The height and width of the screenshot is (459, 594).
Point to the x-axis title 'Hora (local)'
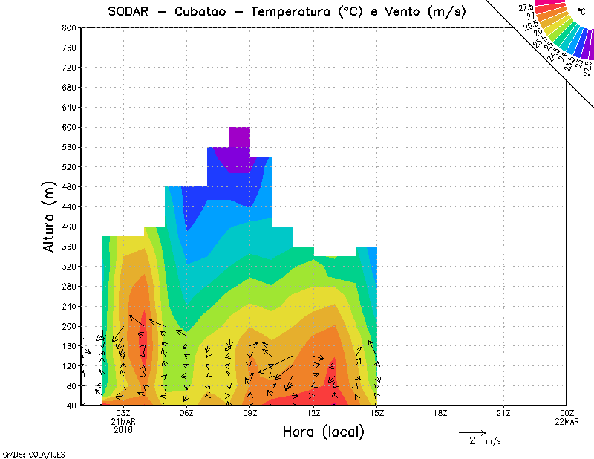(324, 432)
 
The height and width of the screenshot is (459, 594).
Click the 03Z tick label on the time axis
(123, 413)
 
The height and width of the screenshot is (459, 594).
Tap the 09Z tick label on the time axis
(250, 413)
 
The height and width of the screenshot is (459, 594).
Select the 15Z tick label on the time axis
(376, 413)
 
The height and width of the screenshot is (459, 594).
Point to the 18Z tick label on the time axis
(440, 413)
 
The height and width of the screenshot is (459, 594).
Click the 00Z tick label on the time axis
(567, 413)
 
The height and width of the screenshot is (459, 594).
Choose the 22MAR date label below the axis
(567, 422)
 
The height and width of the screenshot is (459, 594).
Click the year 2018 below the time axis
(123, 430)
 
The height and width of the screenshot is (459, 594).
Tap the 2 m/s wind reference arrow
(472, 432)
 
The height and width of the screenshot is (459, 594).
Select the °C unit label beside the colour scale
(580, 10)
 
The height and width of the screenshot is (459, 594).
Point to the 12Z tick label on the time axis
(313, 413)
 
